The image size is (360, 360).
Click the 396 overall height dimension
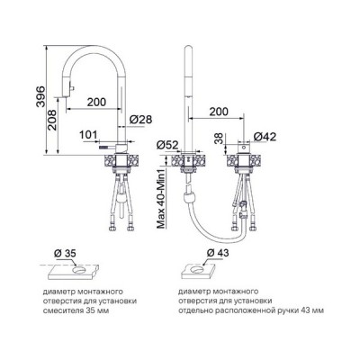[40, 96]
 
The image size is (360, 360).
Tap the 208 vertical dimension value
[52, 120]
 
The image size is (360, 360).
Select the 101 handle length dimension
[88, 135]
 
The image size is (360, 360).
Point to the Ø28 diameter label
[140, 119]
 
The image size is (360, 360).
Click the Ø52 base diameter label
[167, 146]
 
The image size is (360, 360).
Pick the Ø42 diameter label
[265, 137]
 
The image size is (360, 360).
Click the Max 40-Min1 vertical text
[161, 199]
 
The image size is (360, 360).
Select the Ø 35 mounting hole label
[65, 253]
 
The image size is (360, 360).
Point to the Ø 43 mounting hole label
[218, 253]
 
